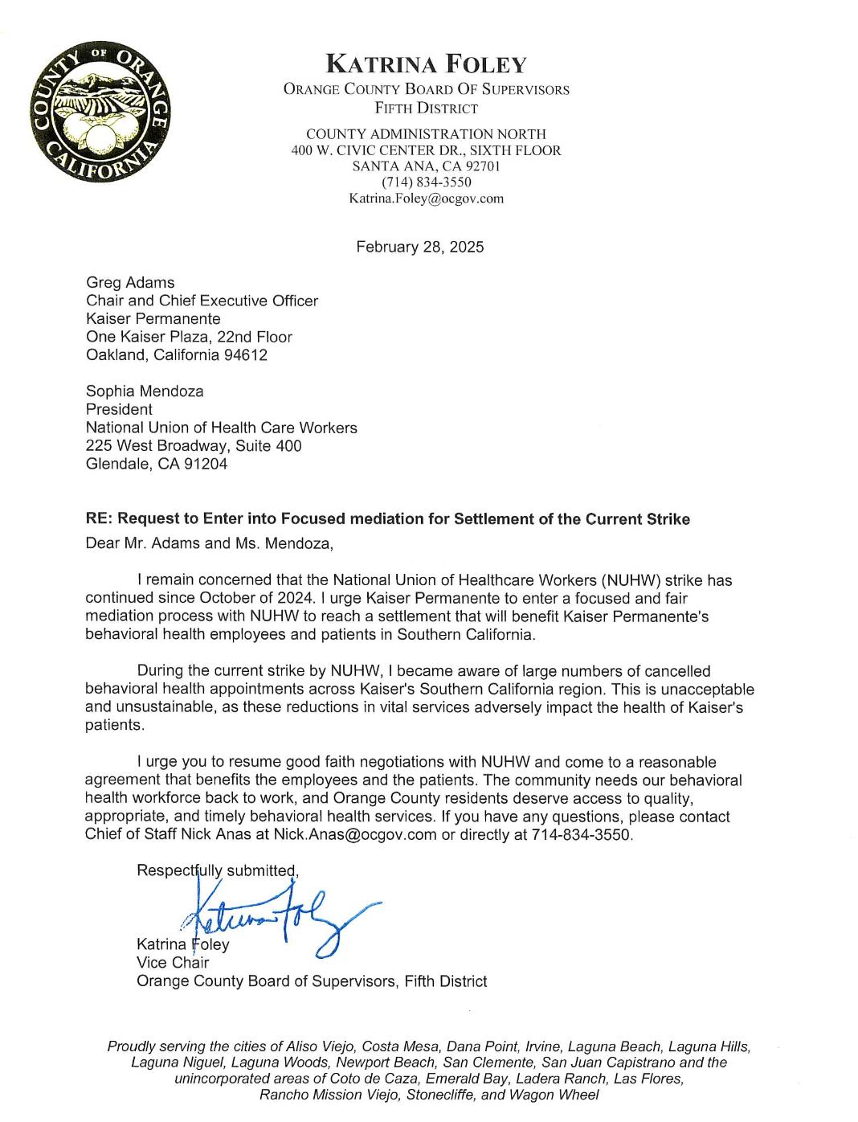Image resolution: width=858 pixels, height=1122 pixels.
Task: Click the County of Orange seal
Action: click(x=100, y=112)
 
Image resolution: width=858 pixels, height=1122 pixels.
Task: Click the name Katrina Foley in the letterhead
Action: click(x=426, y=64)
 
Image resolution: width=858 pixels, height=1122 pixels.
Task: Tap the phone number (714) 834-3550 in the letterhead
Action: click(x=426, y=182)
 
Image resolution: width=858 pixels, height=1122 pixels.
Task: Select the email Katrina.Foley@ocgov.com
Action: click(x=426, y=199)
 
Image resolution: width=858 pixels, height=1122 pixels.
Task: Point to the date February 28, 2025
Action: click(x=419, y=247)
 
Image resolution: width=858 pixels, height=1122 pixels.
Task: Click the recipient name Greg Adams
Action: click(x=130, y=283)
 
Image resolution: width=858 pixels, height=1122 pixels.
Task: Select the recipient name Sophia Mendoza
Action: click(x=145, y=391)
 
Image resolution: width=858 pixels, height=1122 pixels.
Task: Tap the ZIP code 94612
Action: click(x=246, y=355)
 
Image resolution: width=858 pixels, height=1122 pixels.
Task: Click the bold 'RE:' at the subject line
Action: click(x=99, y=519)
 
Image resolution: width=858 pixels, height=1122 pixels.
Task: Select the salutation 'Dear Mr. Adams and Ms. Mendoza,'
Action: click(x=209, y=543)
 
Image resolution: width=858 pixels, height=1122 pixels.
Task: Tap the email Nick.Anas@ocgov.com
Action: click(x=355, y=834)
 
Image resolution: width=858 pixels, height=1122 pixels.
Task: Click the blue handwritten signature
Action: click(x=281, y=916)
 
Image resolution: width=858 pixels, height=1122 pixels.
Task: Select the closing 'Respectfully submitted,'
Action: click(x=218, y=870)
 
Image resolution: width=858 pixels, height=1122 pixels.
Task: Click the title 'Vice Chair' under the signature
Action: click(x=173, y=963)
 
